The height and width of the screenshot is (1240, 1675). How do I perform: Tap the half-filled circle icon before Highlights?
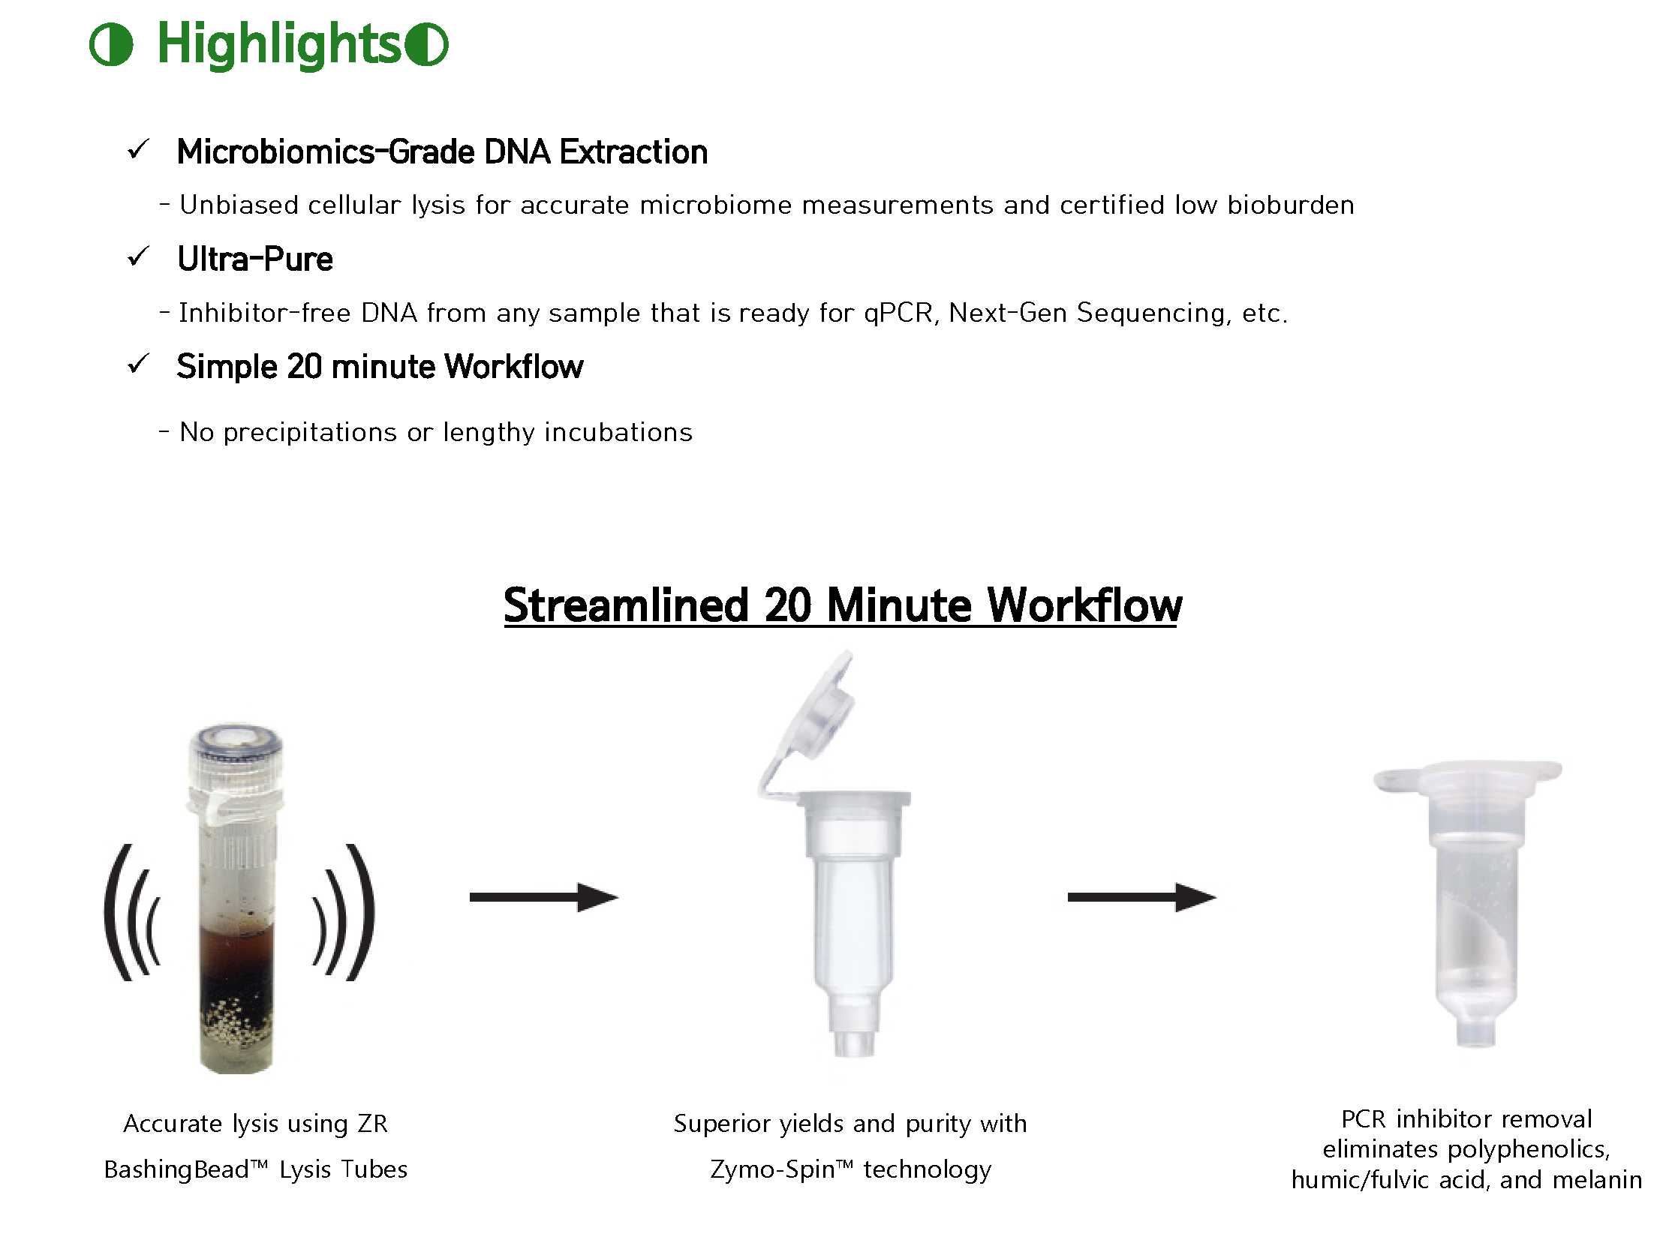point(111,44)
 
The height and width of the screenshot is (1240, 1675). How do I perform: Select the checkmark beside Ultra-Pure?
point(139,257)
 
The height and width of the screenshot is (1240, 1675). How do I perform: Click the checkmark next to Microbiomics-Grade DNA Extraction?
point(139,149)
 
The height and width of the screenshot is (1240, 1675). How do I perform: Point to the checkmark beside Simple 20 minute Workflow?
point(139,365)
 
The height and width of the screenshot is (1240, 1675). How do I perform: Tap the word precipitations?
point(310,433)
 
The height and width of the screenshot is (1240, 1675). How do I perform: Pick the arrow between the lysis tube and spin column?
point(543,897)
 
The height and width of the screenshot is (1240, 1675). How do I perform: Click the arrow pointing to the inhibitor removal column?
point(1142,897)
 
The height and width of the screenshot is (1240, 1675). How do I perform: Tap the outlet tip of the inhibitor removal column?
point(1476,1032)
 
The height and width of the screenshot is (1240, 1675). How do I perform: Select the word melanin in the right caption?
point(1597,1180)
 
